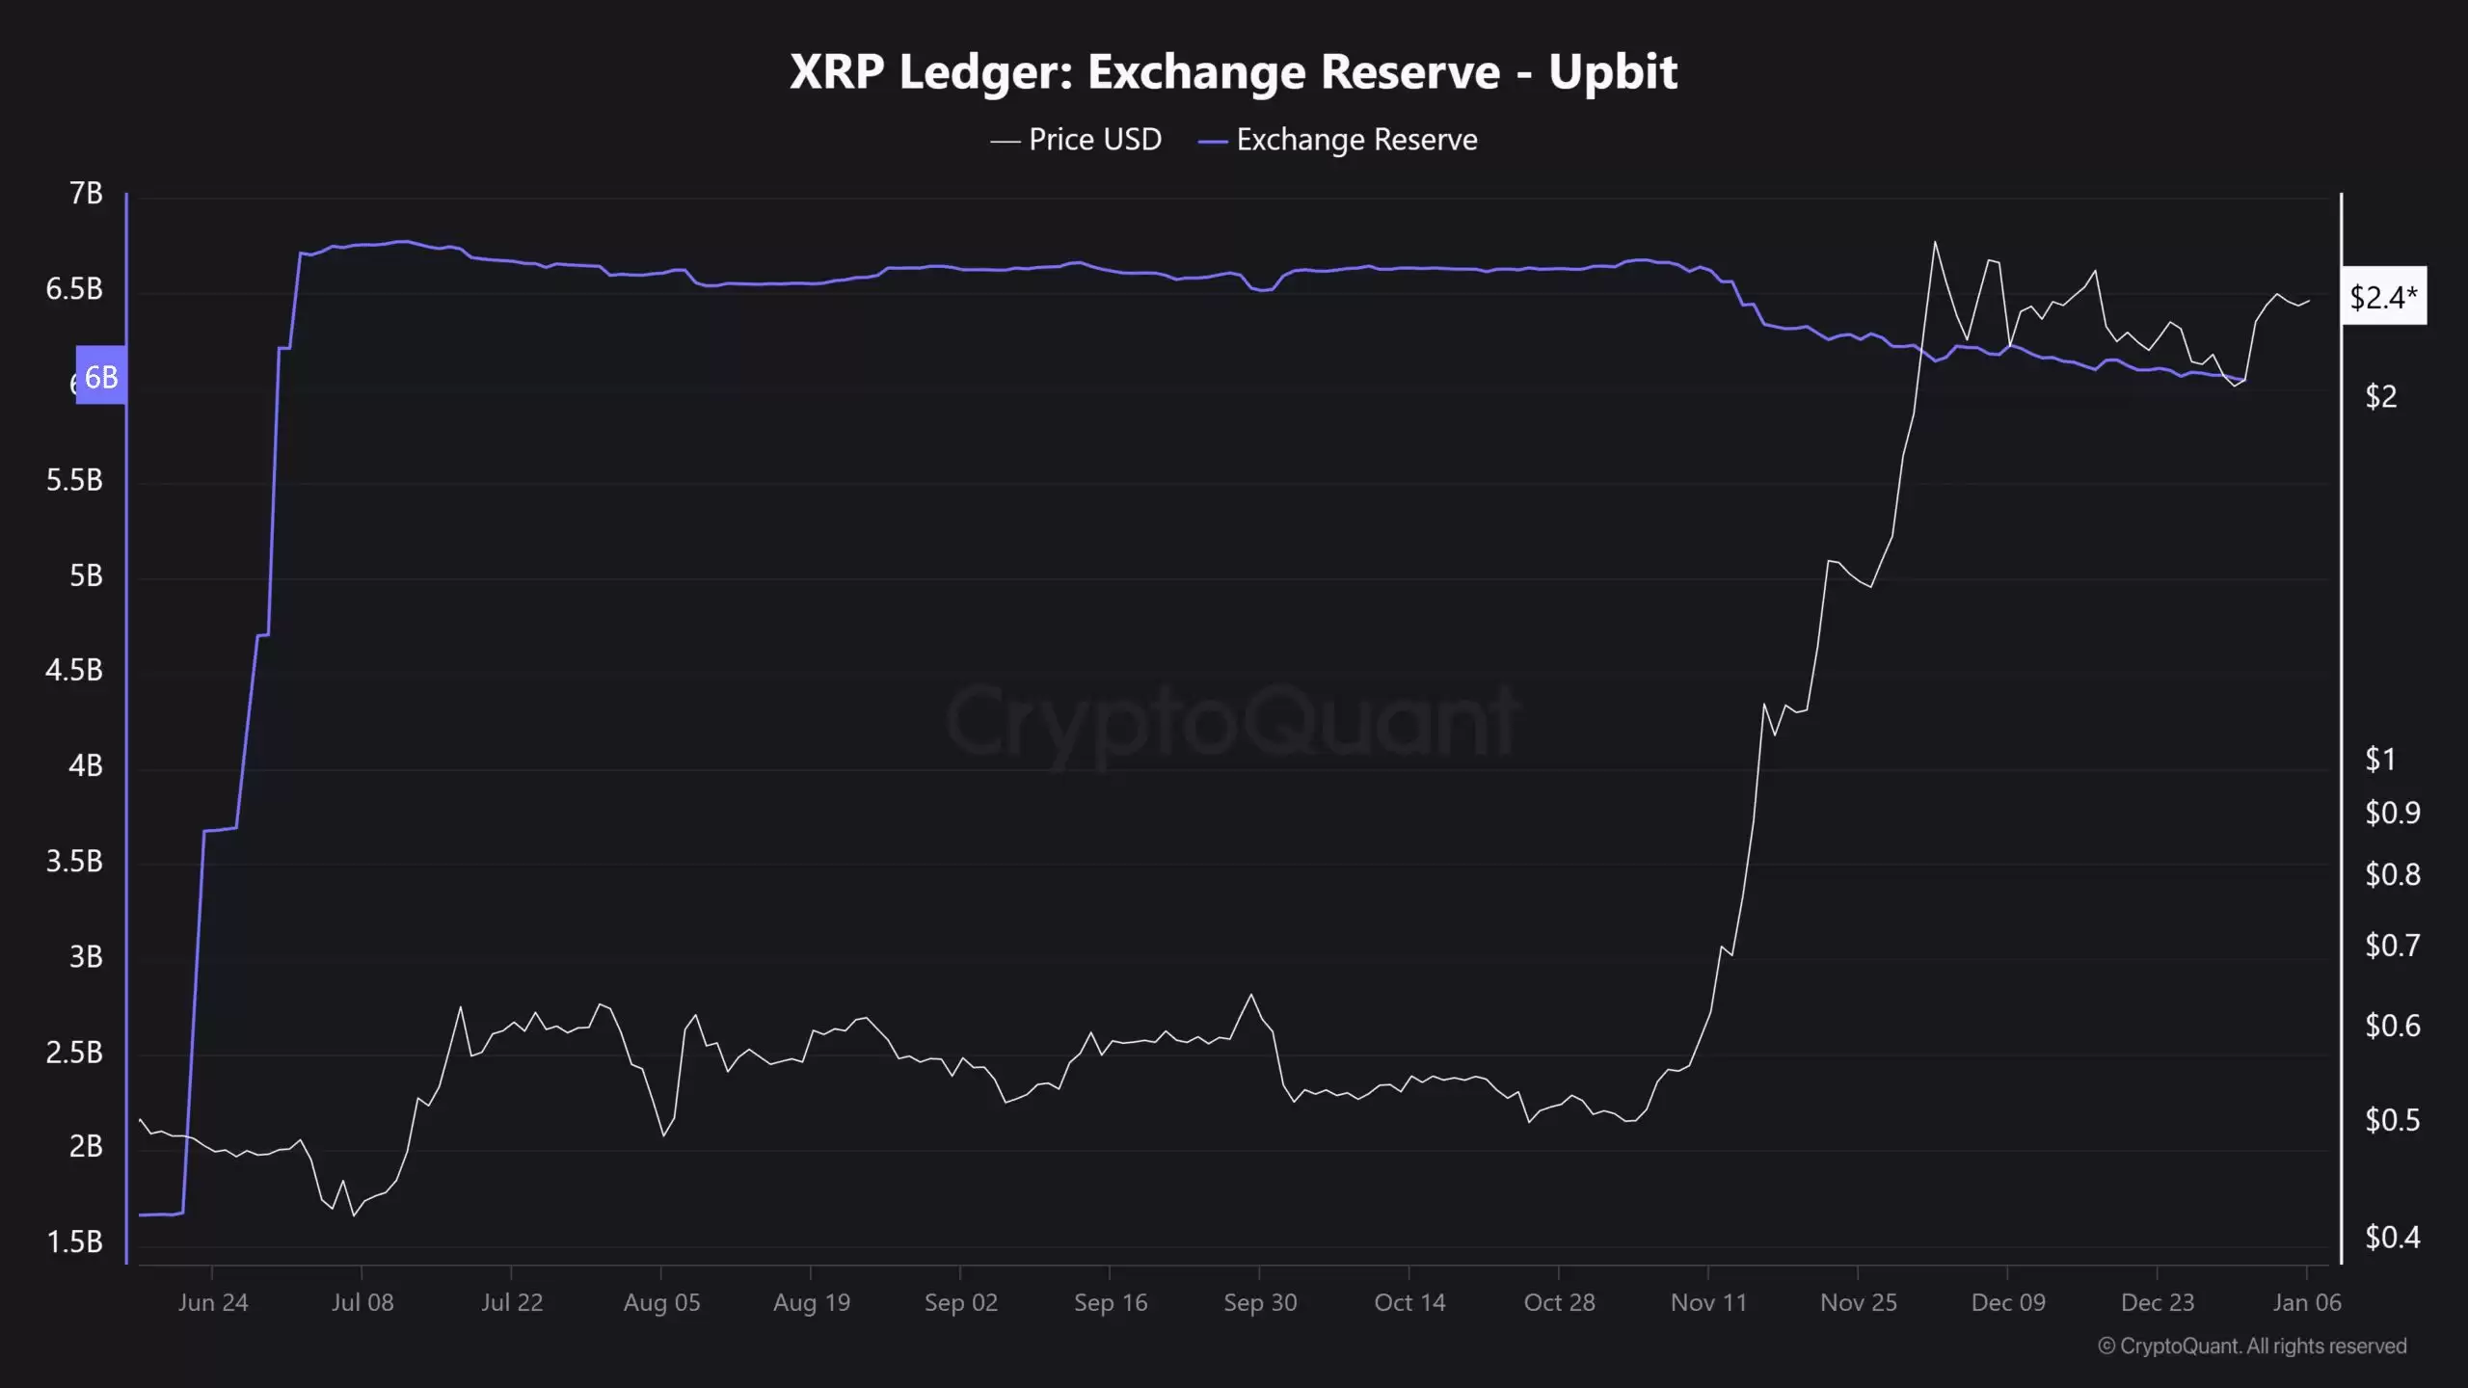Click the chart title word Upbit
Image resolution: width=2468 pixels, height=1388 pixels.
(x=1613, y=72)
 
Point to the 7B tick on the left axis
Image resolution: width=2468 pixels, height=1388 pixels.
(x=86, y=194)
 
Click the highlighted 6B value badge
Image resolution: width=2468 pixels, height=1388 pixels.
(x=101, y=376)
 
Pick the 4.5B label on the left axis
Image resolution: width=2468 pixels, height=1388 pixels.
(x=74, y=670)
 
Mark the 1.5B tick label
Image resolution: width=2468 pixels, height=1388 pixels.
(x=74, y=1241)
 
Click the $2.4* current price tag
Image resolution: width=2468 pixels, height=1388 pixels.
(x=2383, y=297)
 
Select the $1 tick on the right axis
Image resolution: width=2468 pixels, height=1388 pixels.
(x=2380, y=760)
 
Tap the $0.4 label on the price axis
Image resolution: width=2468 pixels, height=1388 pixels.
(x=2392, y=1237)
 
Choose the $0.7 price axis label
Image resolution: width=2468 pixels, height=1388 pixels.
(x=2392, y=946)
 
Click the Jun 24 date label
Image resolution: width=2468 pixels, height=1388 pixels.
(x=213, y=1303)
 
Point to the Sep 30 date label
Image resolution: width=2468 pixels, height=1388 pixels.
(x=1260, y=1303)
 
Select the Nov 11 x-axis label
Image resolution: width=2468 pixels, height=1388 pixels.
(x=1708, y=1303)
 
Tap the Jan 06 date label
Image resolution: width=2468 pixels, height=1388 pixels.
(x=2306, y=1303)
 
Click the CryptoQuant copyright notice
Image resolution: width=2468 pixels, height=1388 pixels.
(x=2252, y=1347)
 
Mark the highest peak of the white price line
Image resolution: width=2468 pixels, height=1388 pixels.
(x=1935, y=242)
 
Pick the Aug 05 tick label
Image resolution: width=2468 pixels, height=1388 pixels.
(x=661, y=1303)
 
